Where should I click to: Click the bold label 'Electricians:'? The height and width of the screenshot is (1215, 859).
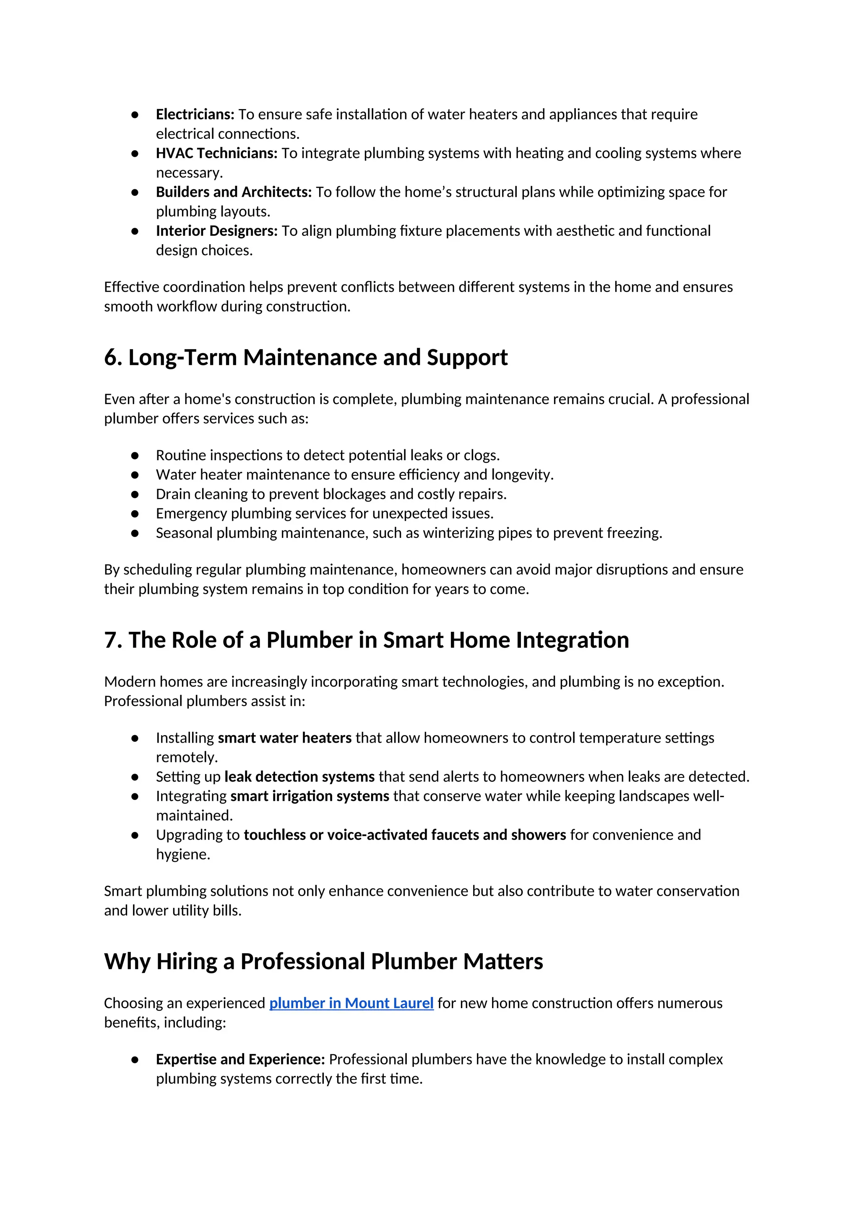click(x=195, y=114)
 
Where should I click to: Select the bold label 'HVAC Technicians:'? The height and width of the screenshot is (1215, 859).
click(x=216, y=153)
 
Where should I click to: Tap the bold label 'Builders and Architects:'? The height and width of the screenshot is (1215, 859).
click(x=234, y=192)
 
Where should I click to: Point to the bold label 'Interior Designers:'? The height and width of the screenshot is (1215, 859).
click(x=216, y=231)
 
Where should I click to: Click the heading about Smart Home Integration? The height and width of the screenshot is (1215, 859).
click(x=366, y=640)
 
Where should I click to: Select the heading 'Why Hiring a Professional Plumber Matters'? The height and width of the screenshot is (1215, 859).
click(x=323, y=961)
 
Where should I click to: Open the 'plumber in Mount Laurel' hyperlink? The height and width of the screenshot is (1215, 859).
click(x=351, y=1003)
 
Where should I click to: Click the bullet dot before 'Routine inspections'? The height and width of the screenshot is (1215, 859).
click(x=135, y=455)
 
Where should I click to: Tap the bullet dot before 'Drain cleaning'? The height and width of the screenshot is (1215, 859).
click(x=135, y=494)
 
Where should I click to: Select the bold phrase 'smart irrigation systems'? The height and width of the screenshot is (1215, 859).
click(x=310, y=796)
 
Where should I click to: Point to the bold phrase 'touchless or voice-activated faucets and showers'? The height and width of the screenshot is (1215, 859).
click(x=405, y=834)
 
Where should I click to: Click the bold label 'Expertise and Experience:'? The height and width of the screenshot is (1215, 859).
click(x=240, y=1059)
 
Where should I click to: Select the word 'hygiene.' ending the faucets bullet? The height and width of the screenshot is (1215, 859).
click(x=183, y=854)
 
